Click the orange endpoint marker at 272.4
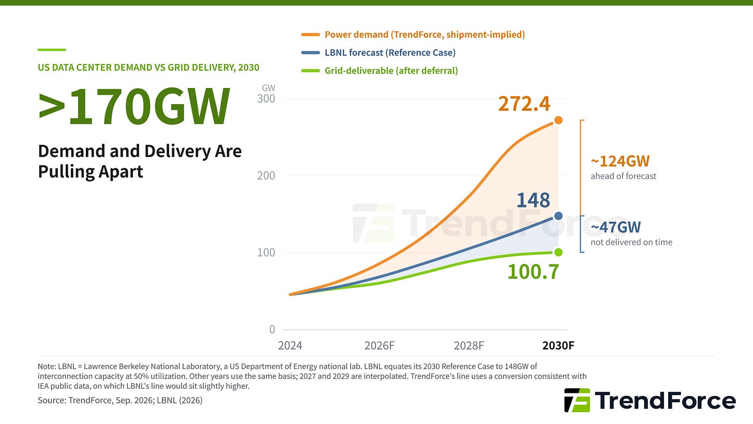coord(559,120)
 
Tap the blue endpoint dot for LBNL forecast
coord(559,216)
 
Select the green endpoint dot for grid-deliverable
coord(559,252)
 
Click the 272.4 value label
coord(524,104)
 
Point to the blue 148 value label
coord(533,200)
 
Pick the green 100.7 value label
coord(533,272)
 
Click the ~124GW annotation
coord(620,161)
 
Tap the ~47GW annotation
coord(616,227)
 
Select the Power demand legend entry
coord(413,35)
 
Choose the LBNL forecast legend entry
coord(378,52)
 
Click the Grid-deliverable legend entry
coord(379,70)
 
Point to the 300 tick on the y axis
coord(266,98)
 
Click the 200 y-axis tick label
coord(266,176)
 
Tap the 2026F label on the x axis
coord(380,346)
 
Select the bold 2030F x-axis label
coord(559,346)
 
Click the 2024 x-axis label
coord(290,346)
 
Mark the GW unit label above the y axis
coord(268,88)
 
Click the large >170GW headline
coord(134,106)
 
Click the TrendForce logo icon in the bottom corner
coord(577,400)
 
